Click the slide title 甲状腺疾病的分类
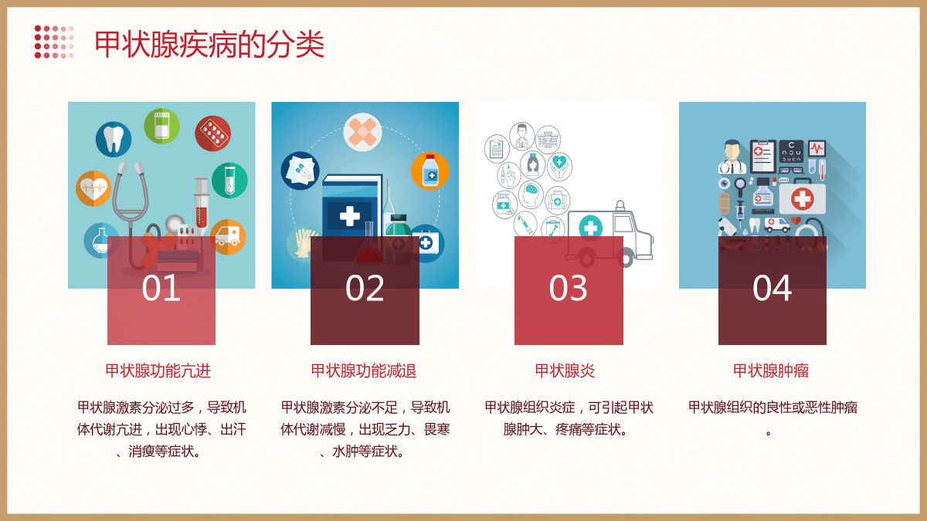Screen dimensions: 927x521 [209, 44]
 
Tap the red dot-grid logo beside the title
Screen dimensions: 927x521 [54, 42]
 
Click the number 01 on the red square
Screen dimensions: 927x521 [161, 288]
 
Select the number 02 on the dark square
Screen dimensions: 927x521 [365, 288]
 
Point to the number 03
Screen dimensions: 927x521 [569, 288]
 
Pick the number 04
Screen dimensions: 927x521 [772, 288]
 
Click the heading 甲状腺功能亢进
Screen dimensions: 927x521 [158, 370]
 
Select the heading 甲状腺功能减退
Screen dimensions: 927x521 [364, 370]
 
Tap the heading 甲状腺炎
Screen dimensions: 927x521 [565, 370]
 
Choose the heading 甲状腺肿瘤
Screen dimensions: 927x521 [771, 370]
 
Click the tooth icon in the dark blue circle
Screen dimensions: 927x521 [114, 140]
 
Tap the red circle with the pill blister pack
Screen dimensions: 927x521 [212, 133]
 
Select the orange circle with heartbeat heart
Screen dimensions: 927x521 [94, 188]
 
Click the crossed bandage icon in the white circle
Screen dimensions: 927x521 [362, 132]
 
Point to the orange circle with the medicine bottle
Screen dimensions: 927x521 [430, 171]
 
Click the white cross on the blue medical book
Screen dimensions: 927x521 [350, 215]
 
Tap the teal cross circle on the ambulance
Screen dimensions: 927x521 [590, 227]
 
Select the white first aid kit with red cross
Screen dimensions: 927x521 [802, 198]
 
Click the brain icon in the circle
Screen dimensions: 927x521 [531, 195]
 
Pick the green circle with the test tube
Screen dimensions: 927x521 [229, 181]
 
